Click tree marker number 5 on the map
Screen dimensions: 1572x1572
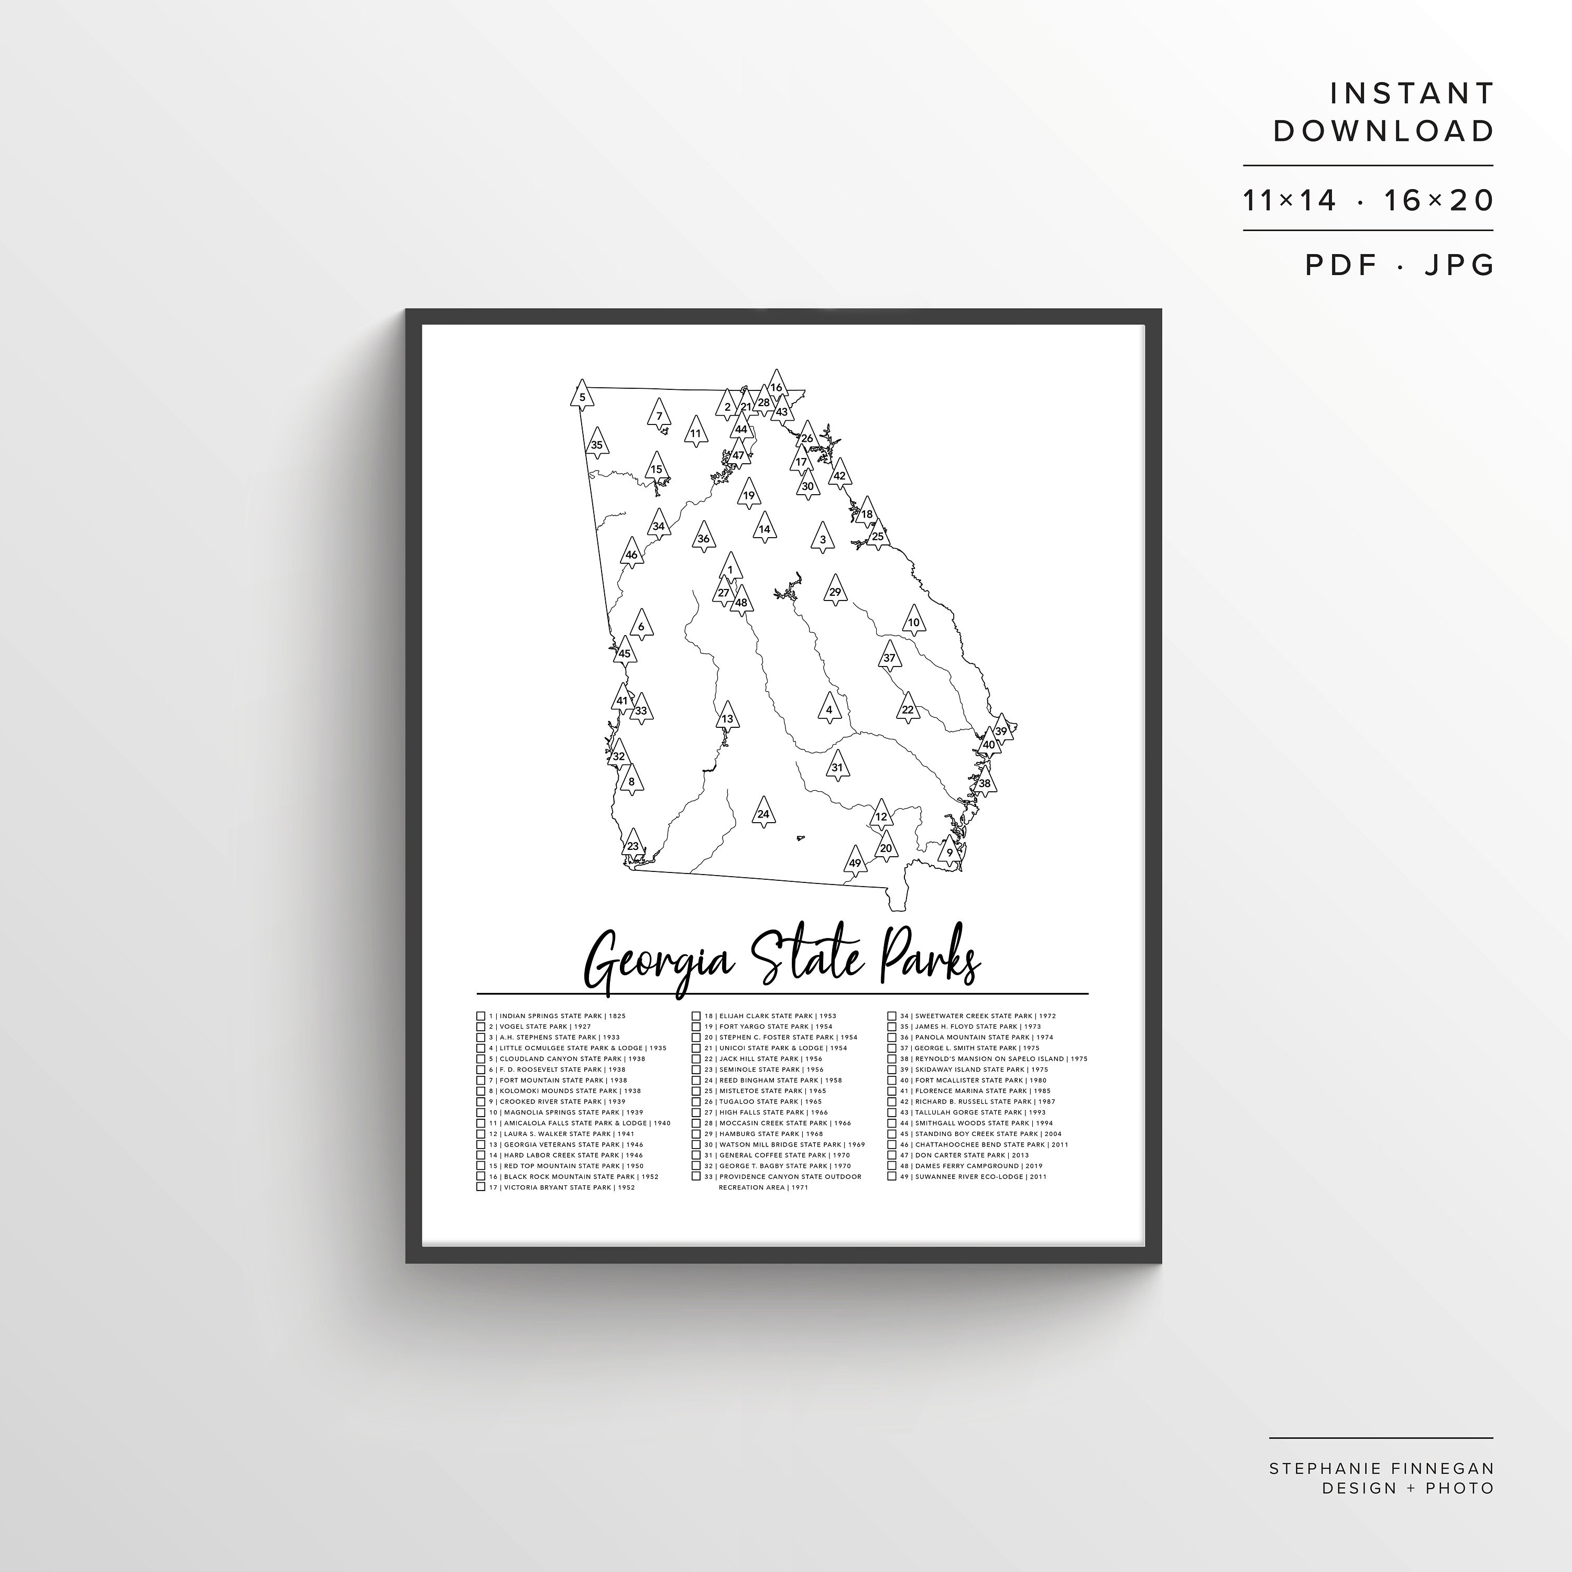coord(582,396)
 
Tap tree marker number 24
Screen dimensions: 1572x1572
coord(762,813)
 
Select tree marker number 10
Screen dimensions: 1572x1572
coord(914,621)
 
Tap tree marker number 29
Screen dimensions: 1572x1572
coord(835,591)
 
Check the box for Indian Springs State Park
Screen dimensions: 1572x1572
coord(481,1016)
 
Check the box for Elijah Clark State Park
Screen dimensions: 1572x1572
coord(696,1016)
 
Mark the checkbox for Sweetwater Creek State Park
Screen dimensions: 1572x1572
coord(892,1016)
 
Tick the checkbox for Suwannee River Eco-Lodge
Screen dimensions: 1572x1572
coord(892,1176)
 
